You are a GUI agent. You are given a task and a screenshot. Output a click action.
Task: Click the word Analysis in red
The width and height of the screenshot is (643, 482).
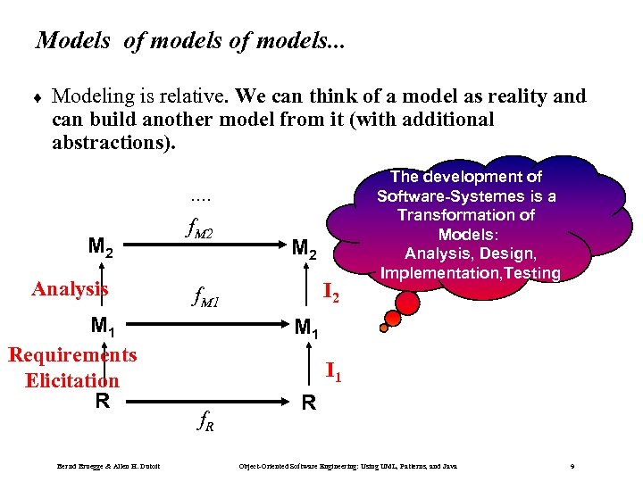pyautogui.click(x=70, y=288)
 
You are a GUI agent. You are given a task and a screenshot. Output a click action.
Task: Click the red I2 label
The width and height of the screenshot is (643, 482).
pyautogui.click(x=331, y=290)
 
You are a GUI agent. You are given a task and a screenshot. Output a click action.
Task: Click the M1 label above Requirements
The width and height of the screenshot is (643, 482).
pyautogui.click(x=101, y=327)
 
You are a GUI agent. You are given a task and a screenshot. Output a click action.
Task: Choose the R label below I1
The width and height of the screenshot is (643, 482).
pyautogui.click(x=308, y=403)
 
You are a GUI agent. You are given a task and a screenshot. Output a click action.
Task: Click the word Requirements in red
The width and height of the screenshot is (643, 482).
pyautogui.click(x=72, y=354)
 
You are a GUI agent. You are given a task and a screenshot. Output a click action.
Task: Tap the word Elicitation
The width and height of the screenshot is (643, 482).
pyautogui.click(x=71, y=380)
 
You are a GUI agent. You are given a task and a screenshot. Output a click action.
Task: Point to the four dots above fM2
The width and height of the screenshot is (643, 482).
pyautogui.click(x=201, y=198)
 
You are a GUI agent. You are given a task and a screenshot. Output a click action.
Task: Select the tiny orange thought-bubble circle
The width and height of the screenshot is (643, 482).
pyautogui.click(x=384, y=328)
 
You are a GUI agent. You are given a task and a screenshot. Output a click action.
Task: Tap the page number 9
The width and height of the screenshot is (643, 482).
pyautogui.click(x=572, y=467)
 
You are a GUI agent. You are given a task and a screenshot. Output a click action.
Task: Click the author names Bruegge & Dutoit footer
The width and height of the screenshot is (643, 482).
pyautogui.click(x=108, y=467)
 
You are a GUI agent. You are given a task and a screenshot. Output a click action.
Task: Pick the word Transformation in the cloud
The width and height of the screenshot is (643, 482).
pyautogui.click(x=464, y=214)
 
